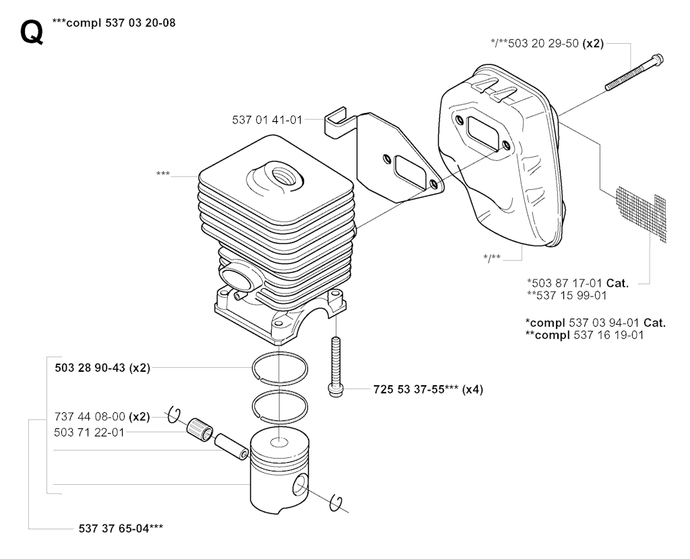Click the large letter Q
pyautogui.click(x=32, y=32)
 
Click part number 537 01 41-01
pyautogui.click(x=267, y=119)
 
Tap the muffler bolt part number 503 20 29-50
pyautogui.click(x=543, y=44)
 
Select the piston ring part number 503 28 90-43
pyautogui.click(x=90, y=367)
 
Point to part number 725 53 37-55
pyautogui.click(x=409, y=389)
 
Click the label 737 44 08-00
pyautogui.click(x=90, y=416)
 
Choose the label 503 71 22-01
pyautogui.click(x=90, y=432)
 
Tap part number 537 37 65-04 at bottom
pyautogui.click(x=114, y=528)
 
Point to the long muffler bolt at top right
pyautogui.click(x=634, y=72)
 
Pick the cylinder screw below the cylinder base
pyautogui.click(x=336, y=366)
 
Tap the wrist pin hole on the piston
pyautogui.click(x=300, y=484)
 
